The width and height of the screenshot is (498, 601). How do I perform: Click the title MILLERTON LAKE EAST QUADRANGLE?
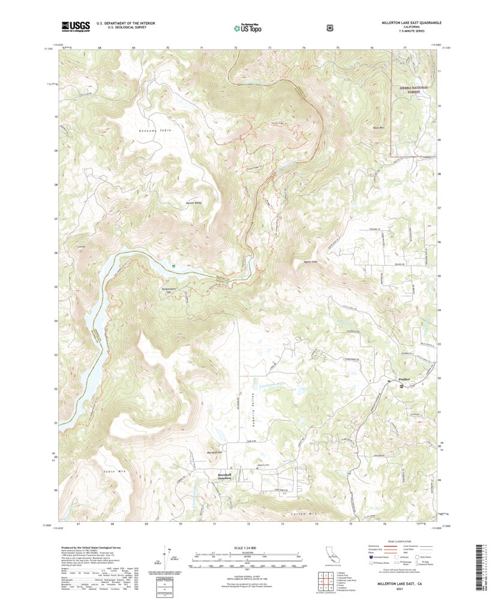[x=411, y=22]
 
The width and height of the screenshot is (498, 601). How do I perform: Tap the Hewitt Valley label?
[x=194, y=203]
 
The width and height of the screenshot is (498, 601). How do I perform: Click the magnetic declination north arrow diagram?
[x=171, y=558]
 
